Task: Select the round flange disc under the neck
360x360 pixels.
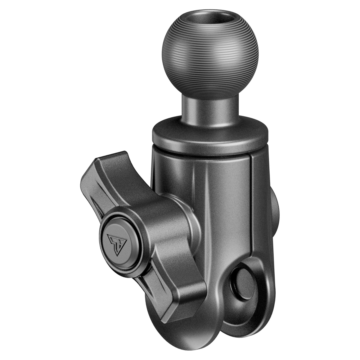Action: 210,135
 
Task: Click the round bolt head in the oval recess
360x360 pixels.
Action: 243,283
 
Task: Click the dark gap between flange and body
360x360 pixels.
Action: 200,153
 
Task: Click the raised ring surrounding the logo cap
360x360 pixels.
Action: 133,257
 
